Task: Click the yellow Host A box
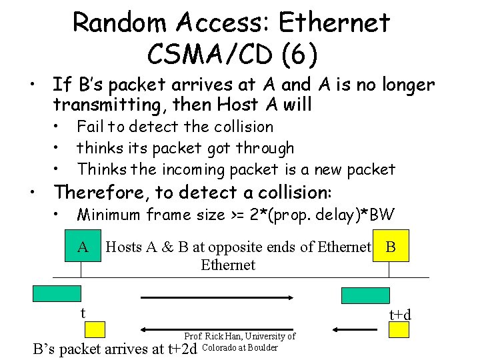click(83, 247)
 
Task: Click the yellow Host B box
click(391, 247)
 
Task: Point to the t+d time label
click(400, 314)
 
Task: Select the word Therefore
click(101, 193)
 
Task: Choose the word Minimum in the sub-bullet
click(109, 215)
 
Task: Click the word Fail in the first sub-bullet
click(89, 127)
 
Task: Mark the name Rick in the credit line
click(216, 337)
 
